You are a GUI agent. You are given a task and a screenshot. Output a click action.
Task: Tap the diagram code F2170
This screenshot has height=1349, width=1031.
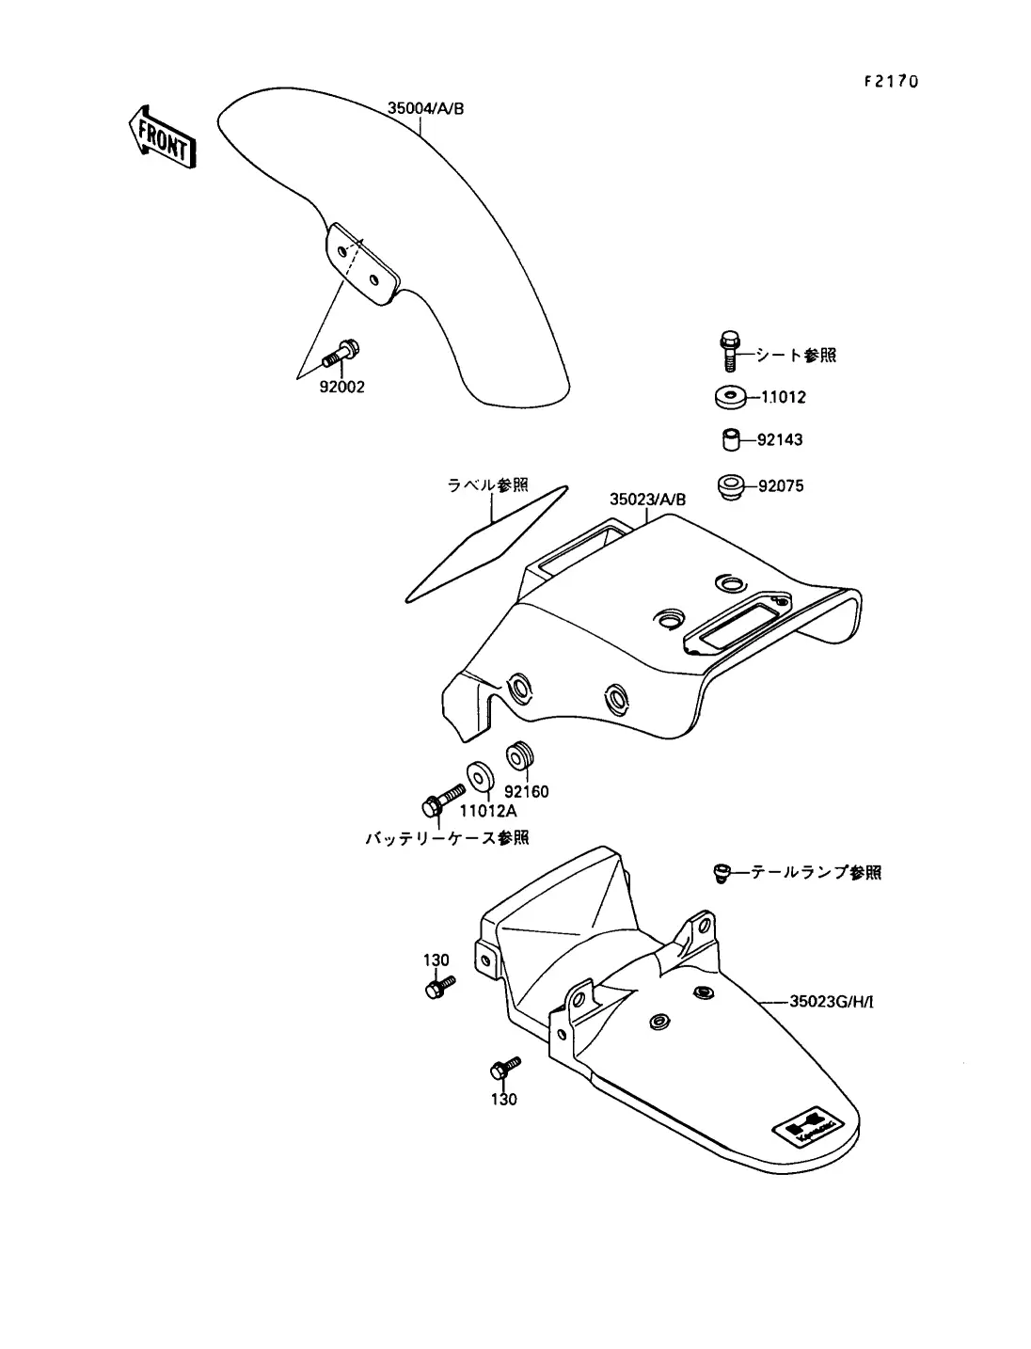[x=890, y=81]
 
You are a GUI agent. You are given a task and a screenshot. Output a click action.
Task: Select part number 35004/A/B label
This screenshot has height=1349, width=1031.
[x=425, y=109]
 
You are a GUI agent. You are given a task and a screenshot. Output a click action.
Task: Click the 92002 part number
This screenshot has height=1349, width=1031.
[x=341, y=387]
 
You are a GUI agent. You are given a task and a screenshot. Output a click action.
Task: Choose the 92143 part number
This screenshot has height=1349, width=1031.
[x=781, y=440]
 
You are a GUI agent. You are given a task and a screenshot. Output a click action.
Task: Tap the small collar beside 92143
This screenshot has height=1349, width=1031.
[x=730, y=439]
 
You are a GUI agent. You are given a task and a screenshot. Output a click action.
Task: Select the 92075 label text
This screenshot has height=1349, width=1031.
[x=781, y=487]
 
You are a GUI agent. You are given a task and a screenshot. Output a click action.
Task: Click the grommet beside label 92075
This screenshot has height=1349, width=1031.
[x=730, y=486]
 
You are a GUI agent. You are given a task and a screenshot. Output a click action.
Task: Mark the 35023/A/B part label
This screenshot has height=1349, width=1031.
[x=647, y=500]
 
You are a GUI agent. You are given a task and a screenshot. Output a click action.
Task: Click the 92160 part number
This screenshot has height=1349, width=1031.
[x=526, y=791]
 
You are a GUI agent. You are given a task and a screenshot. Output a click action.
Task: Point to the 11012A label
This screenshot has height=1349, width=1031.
[x=488, y=810]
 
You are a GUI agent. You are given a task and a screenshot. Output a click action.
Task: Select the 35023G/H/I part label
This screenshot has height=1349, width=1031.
[x=831, y=1002]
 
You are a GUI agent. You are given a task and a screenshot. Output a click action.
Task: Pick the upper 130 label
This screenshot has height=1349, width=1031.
[x=436, y=960]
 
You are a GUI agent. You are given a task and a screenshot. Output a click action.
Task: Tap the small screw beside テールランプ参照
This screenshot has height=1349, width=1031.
[x=721, y=873]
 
